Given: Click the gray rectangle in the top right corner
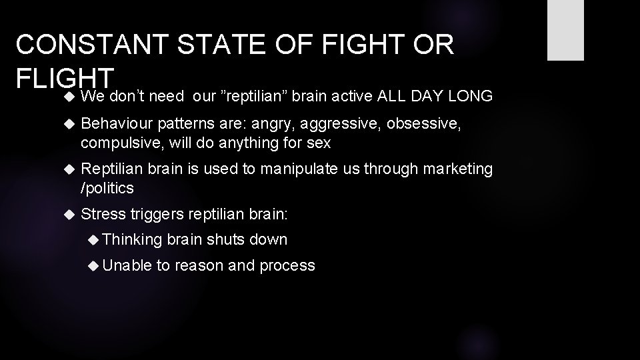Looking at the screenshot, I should coord(565,30).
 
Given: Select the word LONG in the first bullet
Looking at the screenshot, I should coord(471,97).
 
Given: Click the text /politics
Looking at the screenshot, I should coord(107,188).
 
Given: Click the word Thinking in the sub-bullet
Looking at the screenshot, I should coord(132,239).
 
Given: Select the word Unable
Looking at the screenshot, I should coord(127,265).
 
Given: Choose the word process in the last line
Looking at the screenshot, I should coord(287,266).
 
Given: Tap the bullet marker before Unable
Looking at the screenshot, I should coord(95,265).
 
